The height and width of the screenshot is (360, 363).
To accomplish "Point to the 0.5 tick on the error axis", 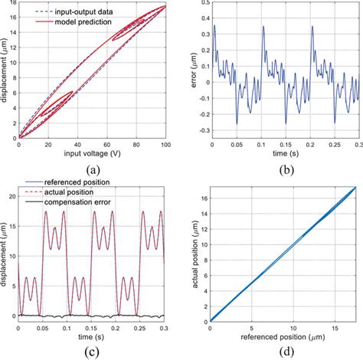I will (x=201, y=5).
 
